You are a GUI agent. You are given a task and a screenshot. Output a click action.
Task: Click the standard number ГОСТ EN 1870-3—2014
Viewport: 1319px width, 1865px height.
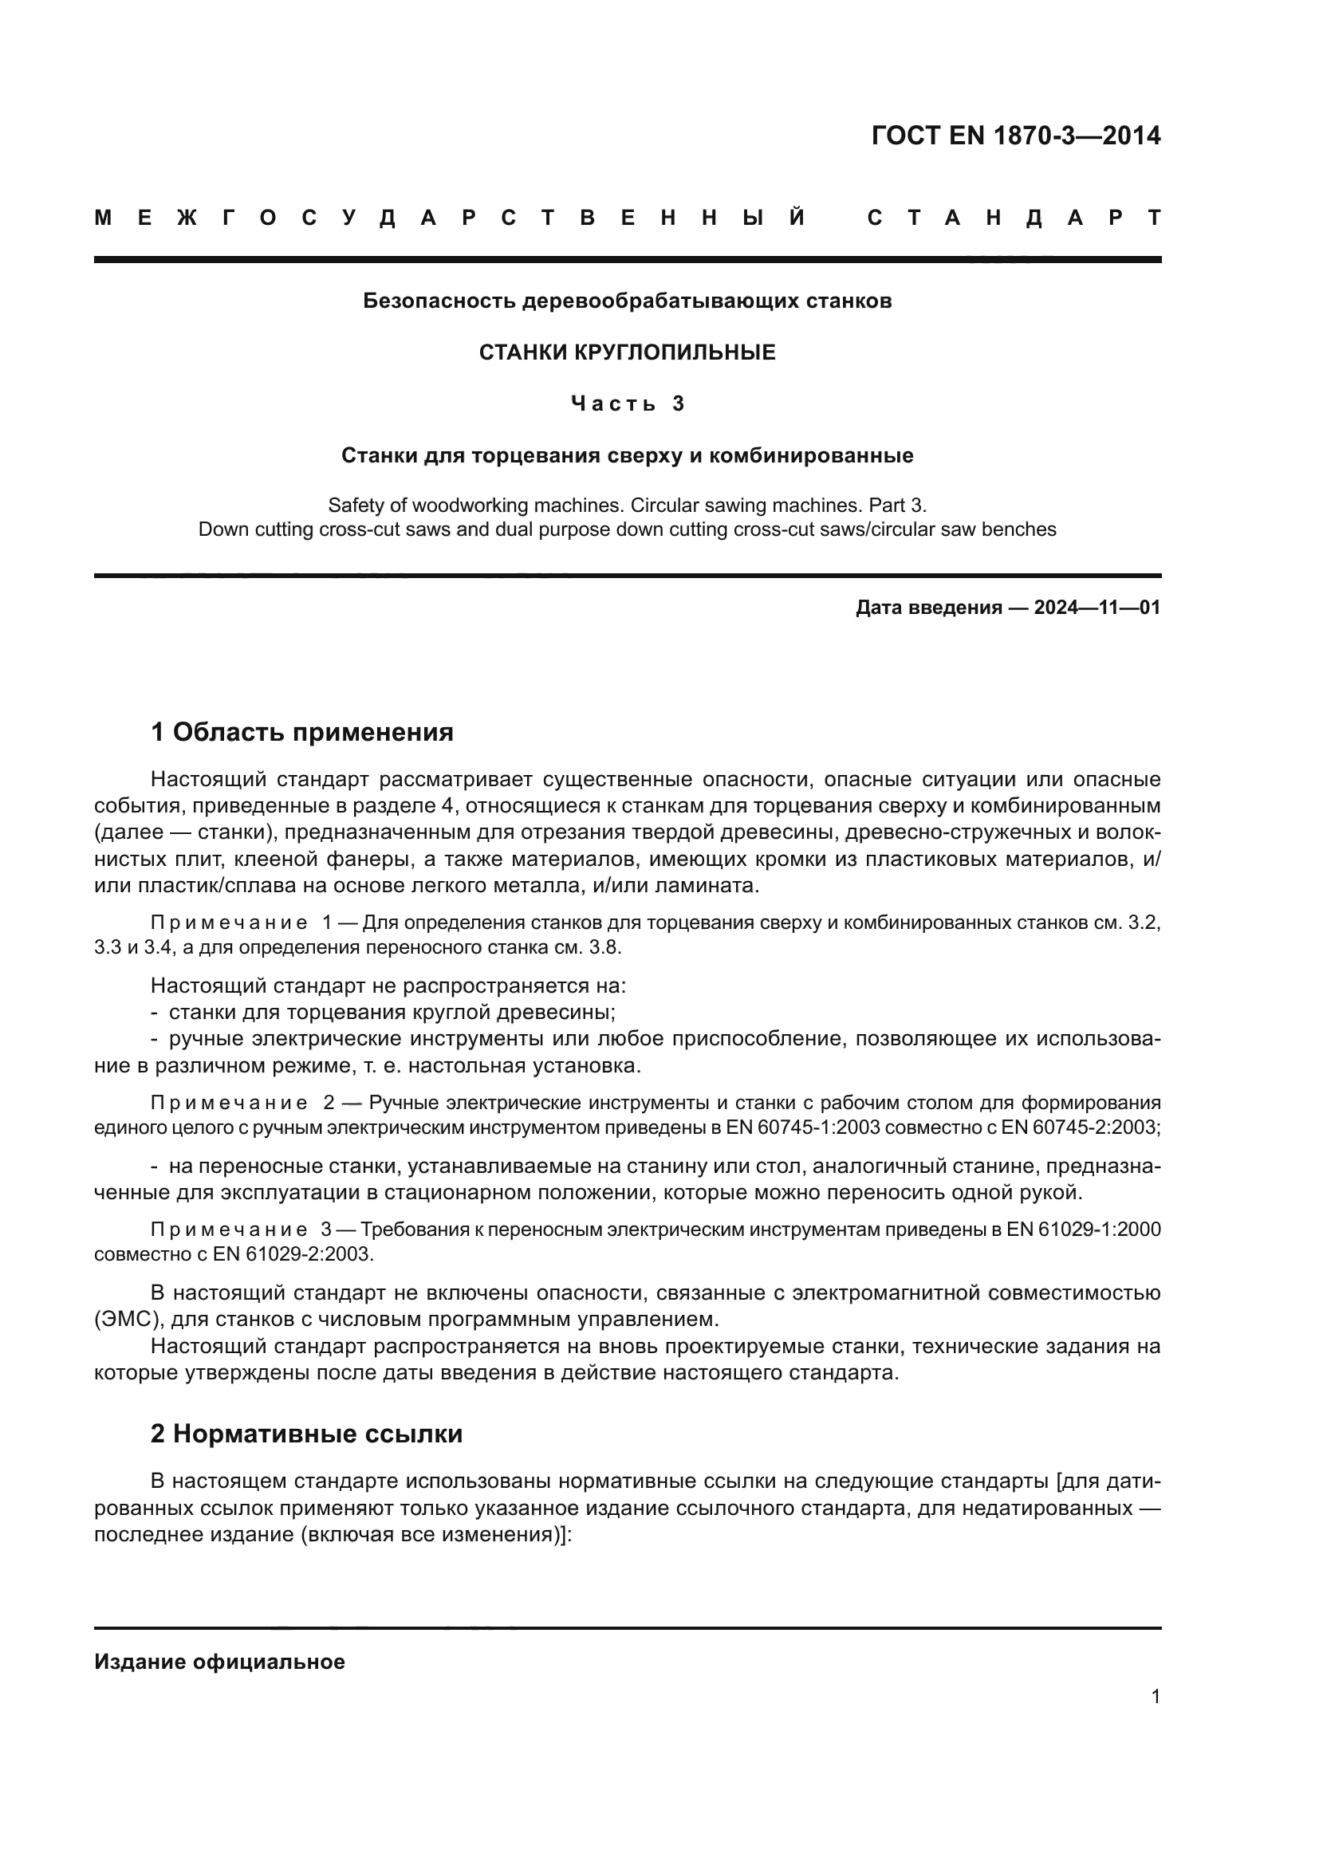(x=1015, y=136)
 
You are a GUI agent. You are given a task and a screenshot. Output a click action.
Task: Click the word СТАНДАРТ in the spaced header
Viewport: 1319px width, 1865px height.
(x=1014, y=218)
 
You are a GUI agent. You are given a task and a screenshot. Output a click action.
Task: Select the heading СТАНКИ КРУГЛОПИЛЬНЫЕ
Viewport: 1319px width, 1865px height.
(x=627, y=352)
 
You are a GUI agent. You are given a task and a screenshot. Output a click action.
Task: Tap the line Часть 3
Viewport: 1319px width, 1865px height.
(x=627, y=403)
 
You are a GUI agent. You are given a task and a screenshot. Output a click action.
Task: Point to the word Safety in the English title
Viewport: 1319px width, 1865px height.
(x=356, y=506)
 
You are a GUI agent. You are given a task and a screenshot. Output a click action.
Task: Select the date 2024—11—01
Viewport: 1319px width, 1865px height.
(x=1097, y=608)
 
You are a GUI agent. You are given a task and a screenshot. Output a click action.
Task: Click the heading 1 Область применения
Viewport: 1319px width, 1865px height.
(x=302, y=733)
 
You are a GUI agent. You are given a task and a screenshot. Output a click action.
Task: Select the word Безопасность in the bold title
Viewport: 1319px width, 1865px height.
(x=439, y=301)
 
